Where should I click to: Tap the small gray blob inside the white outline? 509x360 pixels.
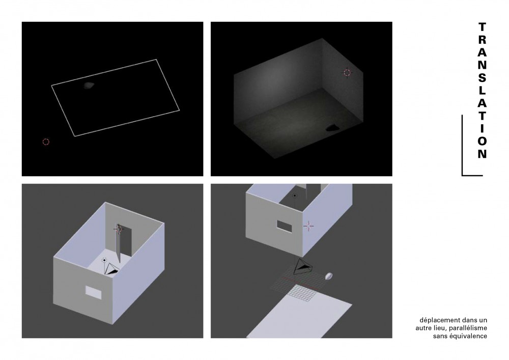click(x=89, y=86)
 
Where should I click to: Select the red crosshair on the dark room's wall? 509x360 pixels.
click(x=347, y=72)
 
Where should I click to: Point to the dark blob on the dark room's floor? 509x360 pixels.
click(x=332, y=128)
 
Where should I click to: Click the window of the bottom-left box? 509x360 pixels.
click(x=93, y=292)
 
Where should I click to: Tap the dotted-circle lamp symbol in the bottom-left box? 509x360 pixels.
click(x=104, y=260)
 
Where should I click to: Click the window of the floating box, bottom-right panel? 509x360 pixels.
click(x=285, y=226)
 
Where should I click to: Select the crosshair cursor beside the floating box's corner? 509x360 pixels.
click(x=308, y=226)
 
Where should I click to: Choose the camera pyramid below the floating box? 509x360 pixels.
click(x=303, y=267)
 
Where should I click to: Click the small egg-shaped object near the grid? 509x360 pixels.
click(x=329, y=276)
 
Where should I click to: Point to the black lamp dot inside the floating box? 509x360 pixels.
click(x=294, y=196)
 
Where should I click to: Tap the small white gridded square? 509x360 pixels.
click(x=303, y=293)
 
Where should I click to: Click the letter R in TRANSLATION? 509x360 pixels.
click(x=482, y=40)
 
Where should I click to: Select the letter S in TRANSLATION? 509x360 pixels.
click(x=482, y=78)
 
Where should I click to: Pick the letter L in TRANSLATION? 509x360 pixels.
click(x=482, y=91)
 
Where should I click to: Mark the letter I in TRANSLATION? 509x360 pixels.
click(x=483, y=128)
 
